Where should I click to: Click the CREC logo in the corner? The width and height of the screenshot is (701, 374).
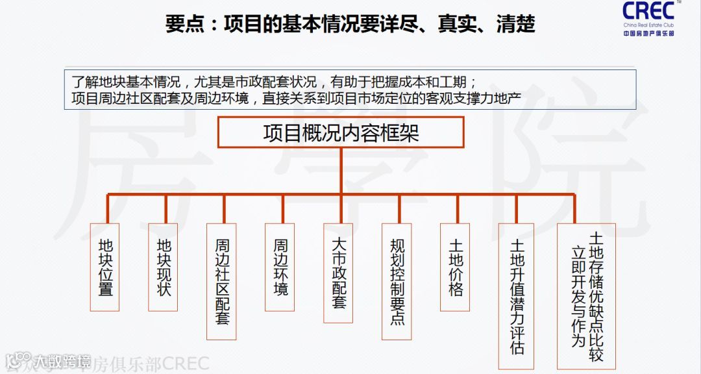(x=648, y=18)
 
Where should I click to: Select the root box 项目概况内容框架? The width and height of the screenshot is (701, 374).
(x=341, y=132)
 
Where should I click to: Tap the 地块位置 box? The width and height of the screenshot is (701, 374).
(x=105, y=267)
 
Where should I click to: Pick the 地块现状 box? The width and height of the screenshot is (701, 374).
(x=164, y=267)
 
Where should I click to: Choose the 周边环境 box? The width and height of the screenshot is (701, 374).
(x=280, y=267)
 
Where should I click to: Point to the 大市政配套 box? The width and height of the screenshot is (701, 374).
(x=338, y=273)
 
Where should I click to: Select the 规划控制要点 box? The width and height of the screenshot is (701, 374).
(x=397, y=281)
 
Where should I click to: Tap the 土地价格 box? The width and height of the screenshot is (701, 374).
(x=456, y=267)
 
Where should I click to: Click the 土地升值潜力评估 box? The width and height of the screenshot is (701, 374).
(x=517, y=295)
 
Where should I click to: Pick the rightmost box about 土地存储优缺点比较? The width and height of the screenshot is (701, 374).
(x=586, y=295)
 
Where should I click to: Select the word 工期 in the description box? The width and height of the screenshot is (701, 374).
(x=462, y=83)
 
